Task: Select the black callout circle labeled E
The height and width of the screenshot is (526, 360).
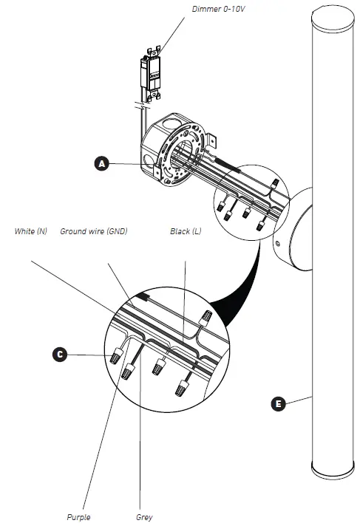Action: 277,403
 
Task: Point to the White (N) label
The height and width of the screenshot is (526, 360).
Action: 31,231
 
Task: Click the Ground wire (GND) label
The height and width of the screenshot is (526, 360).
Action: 94,231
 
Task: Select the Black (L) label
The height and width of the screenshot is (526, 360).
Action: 185,231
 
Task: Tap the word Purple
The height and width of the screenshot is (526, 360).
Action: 78,517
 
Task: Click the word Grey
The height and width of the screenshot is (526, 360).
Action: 145,517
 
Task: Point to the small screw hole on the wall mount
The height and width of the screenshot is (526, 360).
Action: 278,243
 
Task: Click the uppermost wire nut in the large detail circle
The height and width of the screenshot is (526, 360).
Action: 206,318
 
